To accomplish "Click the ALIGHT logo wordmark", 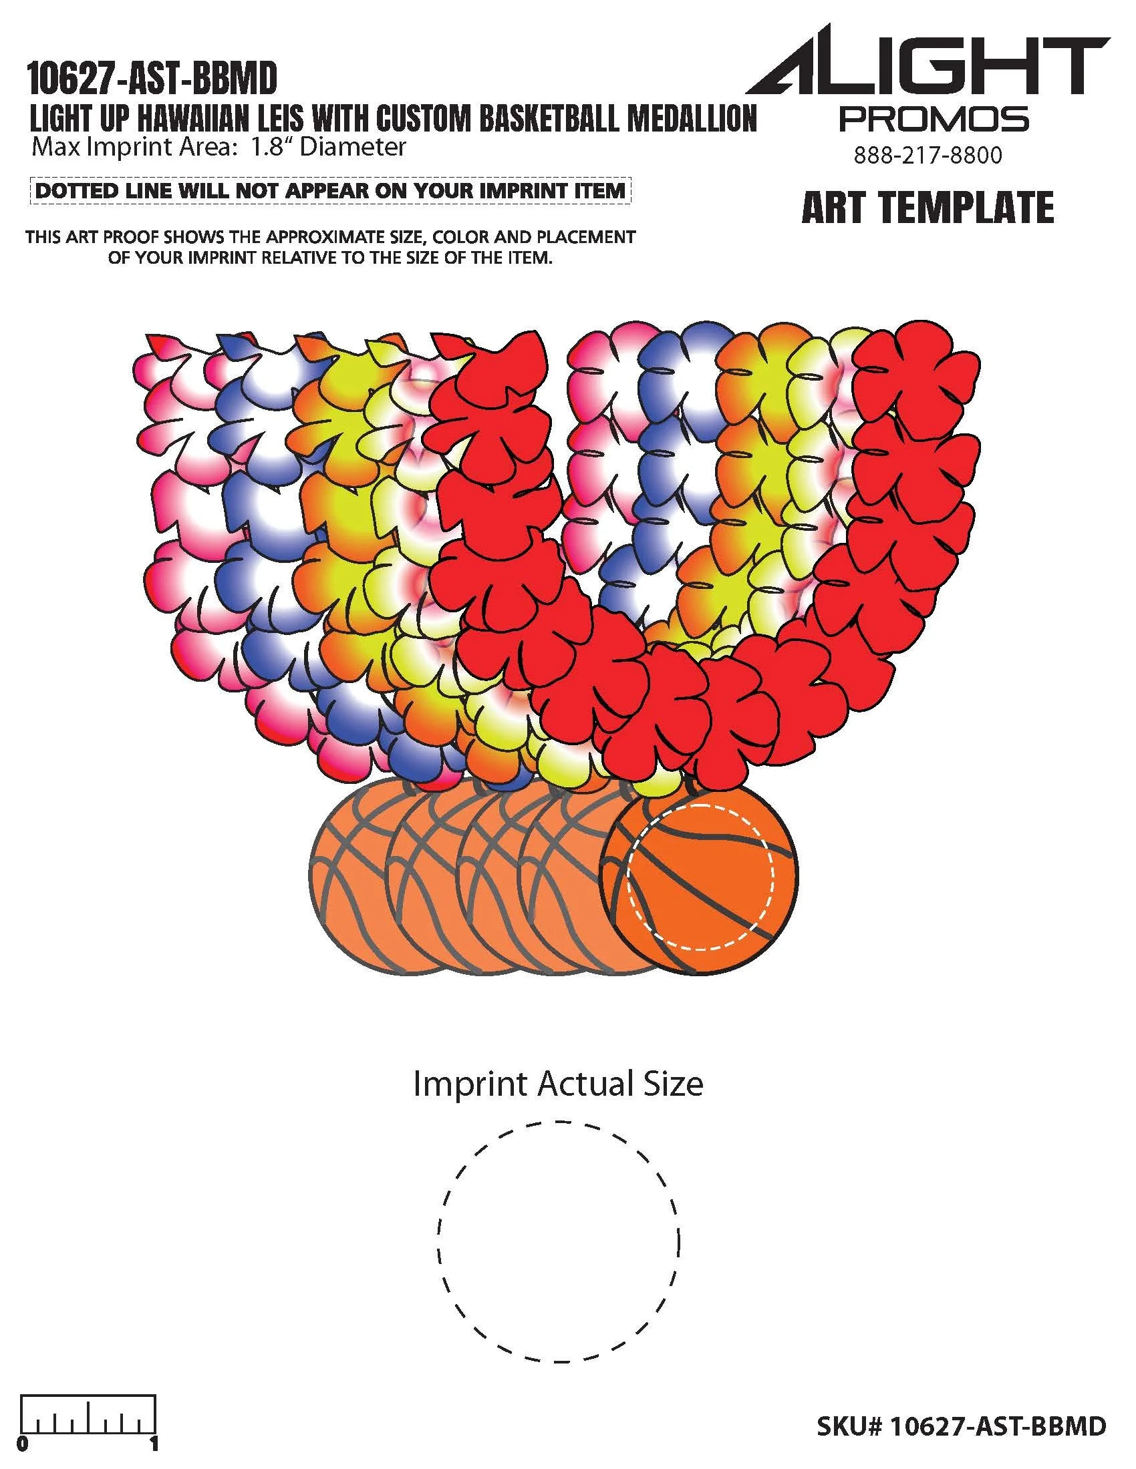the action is coord(928,66).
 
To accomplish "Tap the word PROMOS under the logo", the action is coord(934,119).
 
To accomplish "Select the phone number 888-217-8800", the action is coord(928,156).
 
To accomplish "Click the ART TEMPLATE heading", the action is coord(928,207).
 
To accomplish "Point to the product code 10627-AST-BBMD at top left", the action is coord(152,79).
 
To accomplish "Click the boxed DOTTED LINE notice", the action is coord(329,190).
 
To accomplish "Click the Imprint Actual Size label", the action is coord(558,1084).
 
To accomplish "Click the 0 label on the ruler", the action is coord(24,1444).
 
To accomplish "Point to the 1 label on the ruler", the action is coord(155,1444).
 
